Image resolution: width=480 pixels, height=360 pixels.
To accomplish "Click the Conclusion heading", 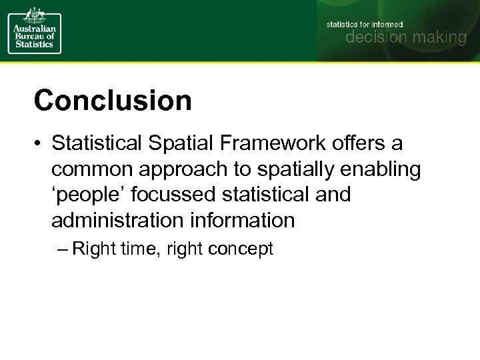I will click(x=113, y=101).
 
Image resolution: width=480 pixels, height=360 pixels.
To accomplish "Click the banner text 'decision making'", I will click(x=405, y=38).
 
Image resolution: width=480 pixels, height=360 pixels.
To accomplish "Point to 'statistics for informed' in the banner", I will click(x=364, y=24).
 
